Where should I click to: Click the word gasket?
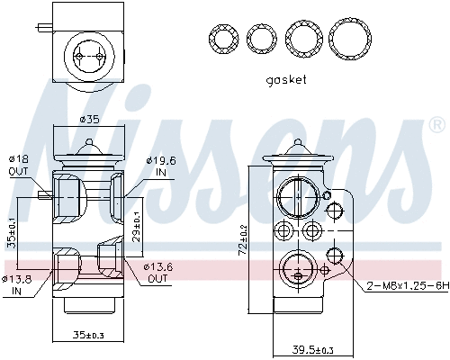(286, 79)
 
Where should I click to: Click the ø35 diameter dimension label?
(88, 119)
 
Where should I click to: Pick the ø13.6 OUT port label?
(158, 272)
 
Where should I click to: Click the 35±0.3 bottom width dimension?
(88, 336)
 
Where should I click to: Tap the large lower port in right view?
(294, 267)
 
